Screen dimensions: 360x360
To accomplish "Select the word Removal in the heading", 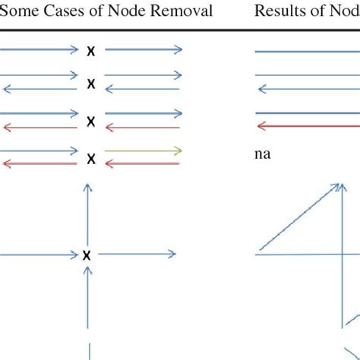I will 182,11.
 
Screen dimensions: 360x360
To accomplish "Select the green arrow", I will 142,151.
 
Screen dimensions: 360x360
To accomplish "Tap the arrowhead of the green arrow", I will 178,151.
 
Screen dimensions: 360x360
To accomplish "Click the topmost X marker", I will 91,51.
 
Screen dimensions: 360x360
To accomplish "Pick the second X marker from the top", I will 91,83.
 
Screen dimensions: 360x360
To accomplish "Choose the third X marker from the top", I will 91,121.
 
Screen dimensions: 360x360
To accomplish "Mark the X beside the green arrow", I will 91,158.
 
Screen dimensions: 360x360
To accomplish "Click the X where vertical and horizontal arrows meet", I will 88,255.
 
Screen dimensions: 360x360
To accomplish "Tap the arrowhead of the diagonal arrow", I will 335,185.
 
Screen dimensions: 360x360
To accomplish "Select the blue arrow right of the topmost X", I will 143,50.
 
